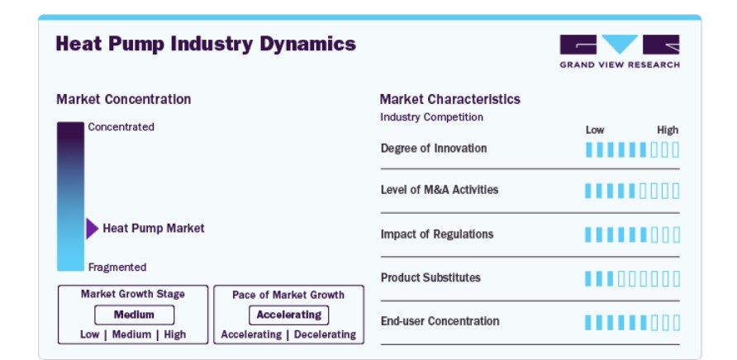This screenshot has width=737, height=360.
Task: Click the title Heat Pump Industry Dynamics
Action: [x=206, y=44]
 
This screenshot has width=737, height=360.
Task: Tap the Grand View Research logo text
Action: [x=620, y=65]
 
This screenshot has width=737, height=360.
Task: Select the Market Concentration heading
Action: [x=124, y=99]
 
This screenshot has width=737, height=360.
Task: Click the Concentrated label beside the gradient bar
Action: [x=121, y=127]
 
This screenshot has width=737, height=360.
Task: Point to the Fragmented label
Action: [x=117, y=267]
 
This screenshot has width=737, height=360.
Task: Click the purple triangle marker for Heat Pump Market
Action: [x=92, y=229]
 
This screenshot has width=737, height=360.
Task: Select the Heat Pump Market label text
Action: [x=154, y=229]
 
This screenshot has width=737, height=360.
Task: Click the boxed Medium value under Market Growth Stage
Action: [x=134, y=315]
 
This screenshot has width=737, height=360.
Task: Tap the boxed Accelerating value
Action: [x=288, y=315]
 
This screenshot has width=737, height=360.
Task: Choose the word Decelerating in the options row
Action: [x=325, y=334]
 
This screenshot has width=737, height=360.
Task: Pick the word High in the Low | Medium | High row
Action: [x=175, y=334]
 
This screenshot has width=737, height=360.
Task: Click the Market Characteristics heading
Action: [x=449, y=99]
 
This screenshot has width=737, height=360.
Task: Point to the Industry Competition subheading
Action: [x=431, y=117]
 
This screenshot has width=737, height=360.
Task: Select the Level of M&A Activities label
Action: [x=440, y=190]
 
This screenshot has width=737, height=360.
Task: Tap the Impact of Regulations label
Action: [x=437, y=234]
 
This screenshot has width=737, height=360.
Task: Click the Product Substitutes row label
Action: [x=430, y=277]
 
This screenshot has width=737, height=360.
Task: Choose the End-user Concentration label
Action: [x=440, y=321]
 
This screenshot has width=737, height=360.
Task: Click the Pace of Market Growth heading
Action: [x=288, y=295]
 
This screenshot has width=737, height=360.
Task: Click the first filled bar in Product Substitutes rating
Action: [x=588, y=279]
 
